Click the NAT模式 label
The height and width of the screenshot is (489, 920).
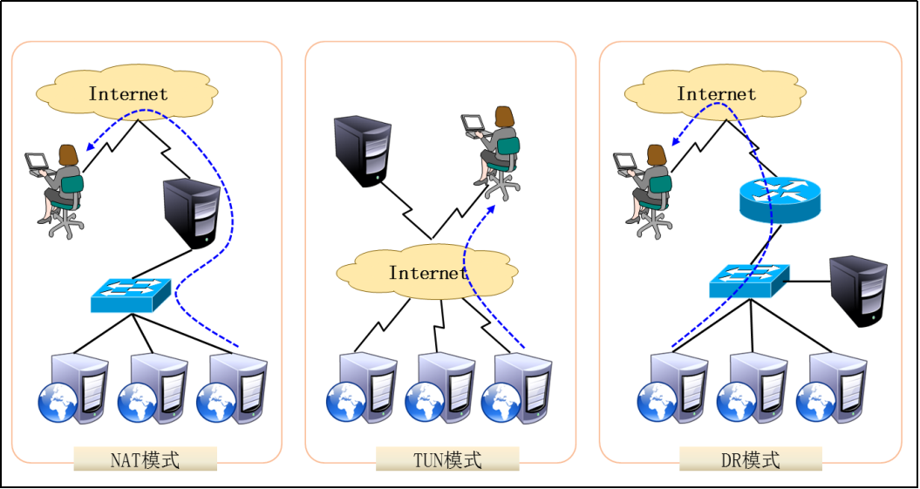tap(145, 459)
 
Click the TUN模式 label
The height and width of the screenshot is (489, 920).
tap(446, 459)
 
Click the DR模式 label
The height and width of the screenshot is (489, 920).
tap(750, 459)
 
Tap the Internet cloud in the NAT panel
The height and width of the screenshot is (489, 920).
tap(127, 93)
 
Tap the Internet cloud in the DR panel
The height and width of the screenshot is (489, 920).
tap(716, 93)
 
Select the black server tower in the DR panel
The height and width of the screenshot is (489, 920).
tap(858, 290)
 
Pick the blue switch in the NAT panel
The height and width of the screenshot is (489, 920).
tap(131, 295)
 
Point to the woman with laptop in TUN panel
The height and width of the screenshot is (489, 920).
tap(494, 148)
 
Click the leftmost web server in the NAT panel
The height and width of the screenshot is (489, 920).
tap(74, 388)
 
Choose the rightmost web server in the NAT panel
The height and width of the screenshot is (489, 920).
tap(232, 388)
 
